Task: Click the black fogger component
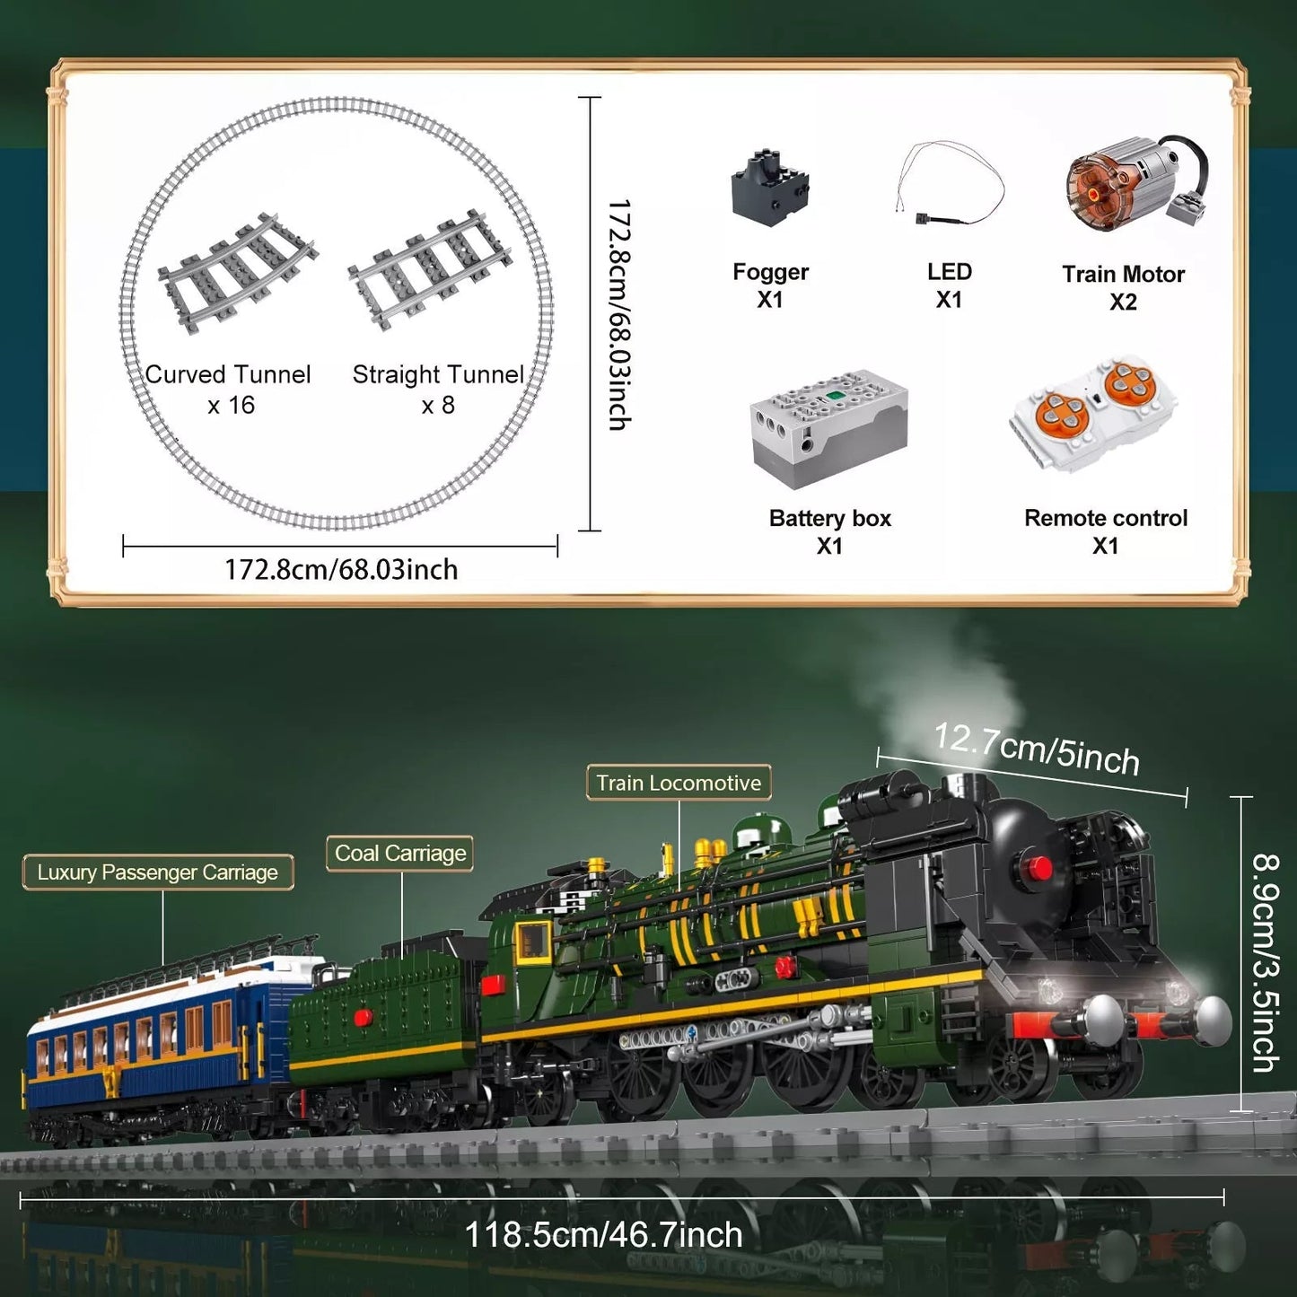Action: point(770,188)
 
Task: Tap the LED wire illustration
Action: point(950,184)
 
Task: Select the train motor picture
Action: point(1137,184)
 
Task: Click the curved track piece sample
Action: point(238,274)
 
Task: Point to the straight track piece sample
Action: point(429,273)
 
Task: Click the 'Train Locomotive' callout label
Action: point(679,783)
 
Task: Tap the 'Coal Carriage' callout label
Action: point(399,854)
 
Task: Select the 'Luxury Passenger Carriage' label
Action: point(157,872)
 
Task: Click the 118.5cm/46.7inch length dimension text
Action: point(604,1235)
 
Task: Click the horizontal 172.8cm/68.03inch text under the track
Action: point(340,569)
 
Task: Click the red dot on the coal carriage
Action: point(364,1017)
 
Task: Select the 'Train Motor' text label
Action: point(1124,274)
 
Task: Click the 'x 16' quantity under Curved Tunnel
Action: point(231,405)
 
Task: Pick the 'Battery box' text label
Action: point(830,518)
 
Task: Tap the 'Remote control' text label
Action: point(1106,518)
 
